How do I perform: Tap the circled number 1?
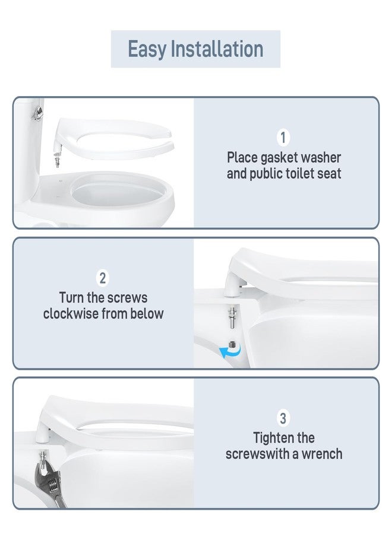pyautogui.click(x=283, y=138)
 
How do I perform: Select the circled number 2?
pyautogui.click(x=103, y=278)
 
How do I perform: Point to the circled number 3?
pyautogui.click(x=283, y=418)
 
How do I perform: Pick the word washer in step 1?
pyautogui.click(x=322, y=158)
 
